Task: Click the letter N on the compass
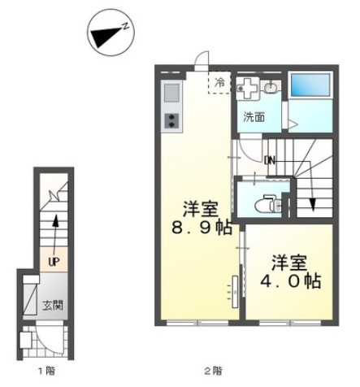(125, 26)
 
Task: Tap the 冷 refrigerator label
(219, 83)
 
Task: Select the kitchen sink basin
(171, 93)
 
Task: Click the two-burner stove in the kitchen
(171, 121)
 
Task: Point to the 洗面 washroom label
(254, 118)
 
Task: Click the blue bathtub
(310, 85)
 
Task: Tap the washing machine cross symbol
(248, 88)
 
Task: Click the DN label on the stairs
(270, 161)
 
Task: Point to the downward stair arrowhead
(313, 205)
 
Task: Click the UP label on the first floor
(54, 262)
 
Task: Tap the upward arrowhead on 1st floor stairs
(55, 221)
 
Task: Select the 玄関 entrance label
(53, 306)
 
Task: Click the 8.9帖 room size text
(202, 228)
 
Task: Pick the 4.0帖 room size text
(290, 281)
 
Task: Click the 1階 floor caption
(47, 371)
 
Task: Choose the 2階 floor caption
(213, 371)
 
